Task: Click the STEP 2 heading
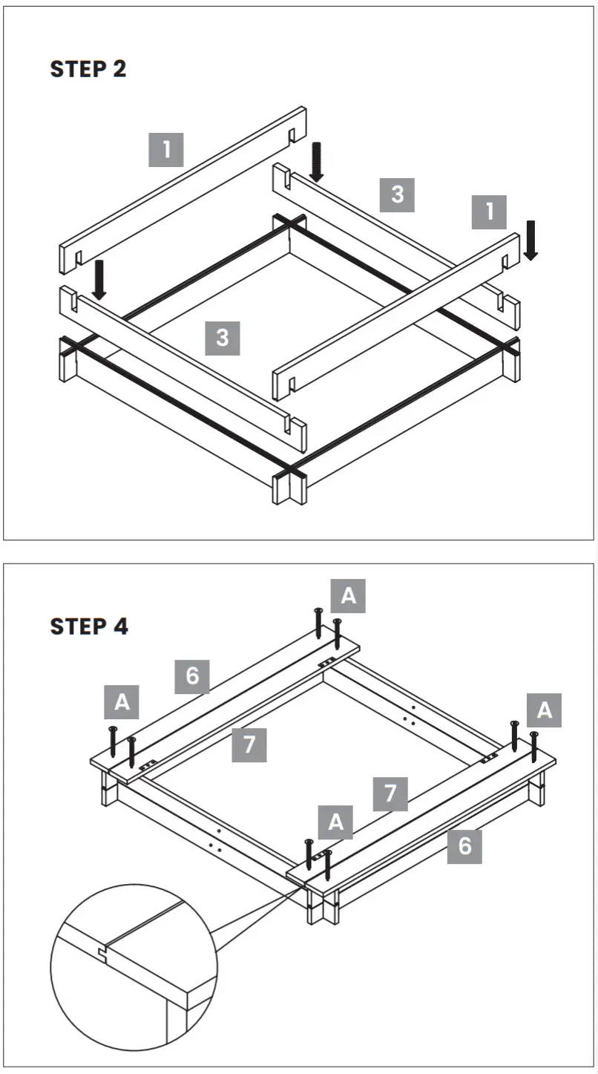88,69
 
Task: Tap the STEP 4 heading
89,626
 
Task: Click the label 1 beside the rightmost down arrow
489,212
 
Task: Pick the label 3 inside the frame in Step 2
223,338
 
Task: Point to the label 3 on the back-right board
397,194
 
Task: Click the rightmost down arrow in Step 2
530,240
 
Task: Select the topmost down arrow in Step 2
317,163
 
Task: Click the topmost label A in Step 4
348,596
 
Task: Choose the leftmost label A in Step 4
122,703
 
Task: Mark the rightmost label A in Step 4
544,710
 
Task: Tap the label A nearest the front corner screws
335,822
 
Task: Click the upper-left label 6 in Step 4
192,675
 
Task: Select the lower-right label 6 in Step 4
464,845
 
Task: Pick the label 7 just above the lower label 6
390,794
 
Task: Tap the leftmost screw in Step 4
113,742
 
